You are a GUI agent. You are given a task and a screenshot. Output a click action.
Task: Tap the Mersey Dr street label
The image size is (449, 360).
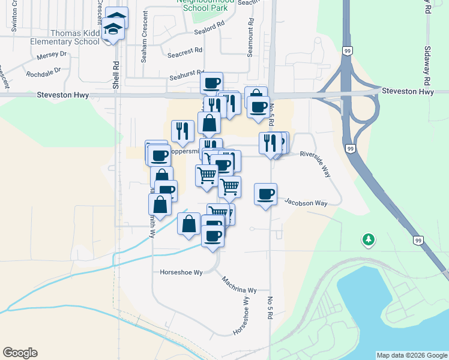(x=51, y=55)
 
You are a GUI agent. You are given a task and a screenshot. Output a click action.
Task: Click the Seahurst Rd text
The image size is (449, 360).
(x=187, y=77)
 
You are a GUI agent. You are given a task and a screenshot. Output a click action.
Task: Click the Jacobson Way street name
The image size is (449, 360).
(x=306, y=203)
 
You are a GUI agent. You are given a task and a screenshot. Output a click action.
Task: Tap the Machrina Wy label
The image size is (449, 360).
(x=239, y=284)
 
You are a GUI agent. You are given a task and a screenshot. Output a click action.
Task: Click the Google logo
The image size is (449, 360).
(x=20, y=353)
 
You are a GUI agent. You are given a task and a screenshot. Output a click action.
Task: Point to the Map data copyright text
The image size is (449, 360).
(x=412, y=355)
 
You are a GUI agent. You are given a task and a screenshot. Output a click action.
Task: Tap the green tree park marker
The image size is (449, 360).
(x=368, y=240)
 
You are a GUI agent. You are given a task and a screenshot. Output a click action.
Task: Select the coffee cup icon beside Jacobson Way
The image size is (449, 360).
(x=265, y=194)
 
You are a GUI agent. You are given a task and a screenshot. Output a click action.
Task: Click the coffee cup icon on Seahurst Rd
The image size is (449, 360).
(x=211, y=83)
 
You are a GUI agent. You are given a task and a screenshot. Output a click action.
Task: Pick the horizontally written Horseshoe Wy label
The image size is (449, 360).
(x=181, y=272)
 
